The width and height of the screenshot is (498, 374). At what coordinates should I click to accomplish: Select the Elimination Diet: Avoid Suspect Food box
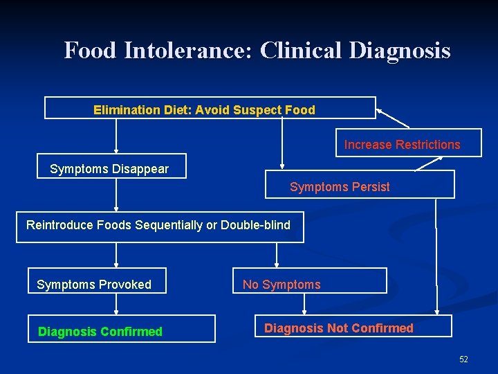210,108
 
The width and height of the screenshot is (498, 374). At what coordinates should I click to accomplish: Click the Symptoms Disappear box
111,167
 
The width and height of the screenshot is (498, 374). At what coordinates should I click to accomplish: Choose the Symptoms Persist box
360,185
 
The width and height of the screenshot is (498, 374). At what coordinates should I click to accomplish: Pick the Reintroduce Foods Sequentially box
159,226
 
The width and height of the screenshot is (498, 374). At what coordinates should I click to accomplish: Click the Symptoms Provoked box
97,281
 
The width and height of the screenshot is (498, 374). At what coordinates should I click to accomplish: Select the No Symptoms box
309,281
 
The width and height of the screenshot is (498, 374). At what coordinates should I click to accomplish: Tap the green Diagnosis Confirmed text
100,332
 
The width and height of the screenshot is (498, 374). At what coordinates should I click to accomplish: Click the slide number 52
463,359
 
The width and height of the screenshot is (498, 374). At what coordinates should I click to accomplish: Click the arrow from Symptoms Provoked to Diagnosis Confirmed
116,303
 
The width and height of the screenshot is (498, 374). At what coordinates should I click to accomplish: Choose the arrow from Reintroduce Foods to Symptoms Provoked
116,254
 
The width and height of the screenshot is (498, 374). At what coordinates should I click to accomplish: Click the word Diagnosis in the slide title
400,51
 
